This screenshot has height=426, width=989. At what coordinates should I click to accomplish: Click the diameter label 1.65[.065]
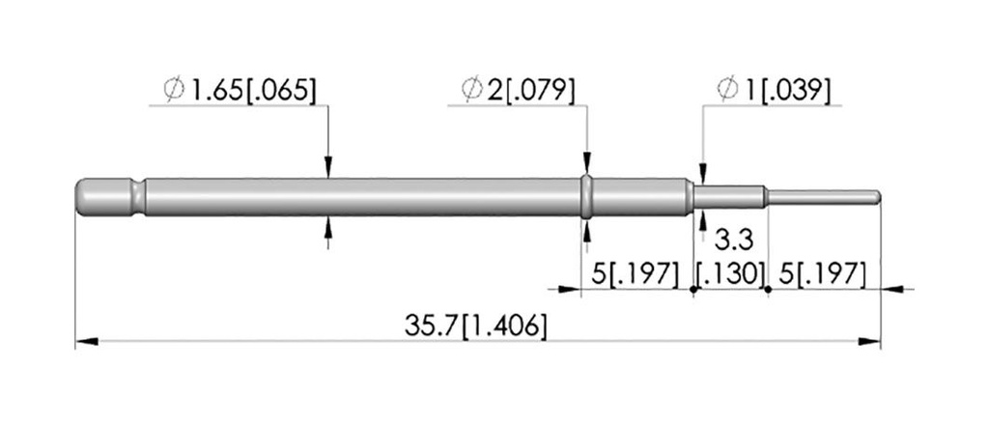(x=252, y=90)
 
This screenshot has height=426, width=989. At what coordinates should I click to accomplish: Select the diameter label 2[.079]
(x=530, y=90)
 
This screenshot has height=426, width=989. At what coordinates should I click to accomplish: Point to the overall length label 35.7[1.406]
(x=475, y=326)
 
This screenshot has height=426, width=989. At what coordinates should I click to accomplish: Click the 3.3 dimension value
(x=733, y=240)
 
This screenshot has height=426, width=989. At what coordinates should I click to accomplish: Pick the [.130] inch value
(x=730, y=274)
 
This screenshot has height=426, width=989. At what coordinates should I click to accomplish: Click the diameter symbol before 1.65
(x=174, y=90)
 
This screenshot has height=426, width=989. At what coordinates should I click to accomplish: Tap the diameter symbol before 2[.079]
(x=471, y=90)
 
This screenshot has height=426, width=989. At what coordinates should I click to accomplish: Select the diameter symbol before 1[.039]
(x=728, y=90)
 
